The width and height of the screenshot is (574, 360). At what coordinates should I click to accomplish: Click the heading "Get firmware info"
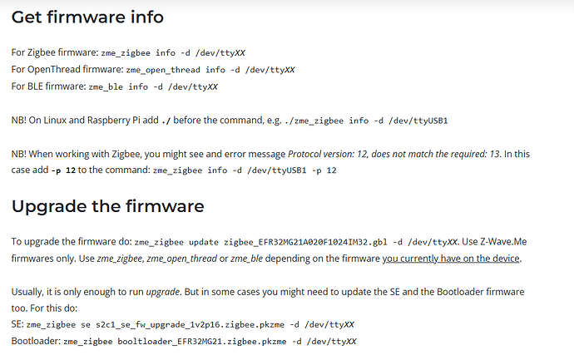click(x=87, y=17)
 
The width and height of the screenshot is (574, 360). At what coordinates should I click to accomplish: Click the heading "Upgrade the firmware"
click(x=107, y=206)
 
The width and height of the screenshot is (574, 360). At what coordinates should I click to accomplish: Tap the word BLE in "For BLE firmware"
click(x=35, y=86)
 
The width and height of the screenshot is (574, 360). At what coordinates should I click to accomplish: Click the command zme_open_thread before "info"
click(x=163, y=70)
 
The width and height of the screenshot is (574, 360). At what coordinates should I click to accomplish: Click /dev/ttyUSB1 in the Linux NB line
click(x=418, y=121)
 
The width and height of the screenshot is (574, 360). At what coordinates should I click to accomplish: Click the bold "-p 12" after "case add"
click(x=63, y=170)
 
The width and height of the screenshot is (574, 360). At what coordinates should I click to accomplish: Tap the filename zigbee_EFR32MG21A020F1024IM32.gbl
click(x=305, y=242)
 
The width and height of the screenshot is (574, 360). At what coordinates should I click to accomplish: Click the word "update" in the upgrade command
click(x=204, y=242)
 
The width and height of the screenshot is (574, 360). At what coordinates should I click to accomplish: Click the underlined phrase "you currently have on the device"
click(x=451, y=259)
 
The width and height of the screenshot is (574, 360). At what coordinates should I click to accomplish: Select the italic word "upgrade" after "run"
click(x=163, y=293)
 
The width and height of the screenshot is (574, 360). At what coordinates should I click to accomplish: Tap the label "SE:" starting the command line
click(x=17, y=324)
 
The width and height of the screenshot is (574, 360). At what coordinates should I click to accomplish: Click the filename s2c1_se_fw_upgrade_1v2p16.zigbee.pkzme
click(x=190, y=325)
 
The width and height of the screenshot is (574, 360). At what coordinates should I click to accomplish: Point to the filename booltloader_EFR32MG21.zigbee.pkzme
click(x=201, y=342)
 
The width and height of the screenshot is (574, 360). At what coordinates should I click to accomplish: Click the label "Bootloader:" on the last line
click(x=37, y=341)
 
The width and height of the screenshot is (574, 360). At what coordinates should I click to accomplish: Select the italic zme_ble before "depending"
click(x=247, y=259)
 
